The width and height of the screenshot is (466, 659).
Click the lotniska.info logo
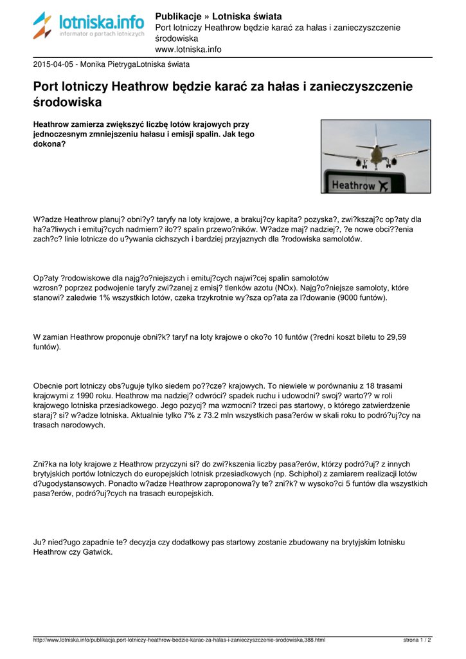pyautogui.click(x=89, y=26)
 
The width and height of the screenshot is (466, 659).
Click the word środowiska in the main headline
pyautogui.click(x=67, y=102)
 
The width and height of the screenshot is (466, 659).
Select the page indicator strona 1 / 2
pyautogui.click(x=417, y=640)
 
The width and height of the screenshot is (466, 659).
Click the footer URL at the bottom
pyautogui.click(x=179, y=640)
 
